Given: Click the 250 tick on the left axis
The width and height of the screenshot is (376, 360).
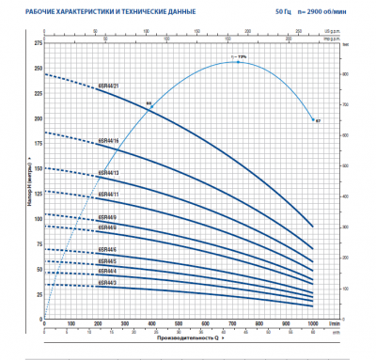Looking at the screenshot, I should (x=38, y=69).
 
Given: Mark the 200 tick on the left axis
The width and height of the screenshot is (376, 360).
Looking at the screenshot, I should (x=38, y=118).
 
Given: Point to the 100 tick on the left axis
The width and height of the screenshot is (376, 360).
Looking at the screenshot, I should (x=38, y=218).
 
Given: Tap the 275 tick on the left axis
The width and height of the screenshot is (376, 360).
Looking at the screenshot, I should (x=38, y=44).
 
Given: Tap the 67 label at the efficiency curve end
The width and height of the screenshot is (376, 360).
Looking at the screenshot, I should (x=318, y=121).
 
